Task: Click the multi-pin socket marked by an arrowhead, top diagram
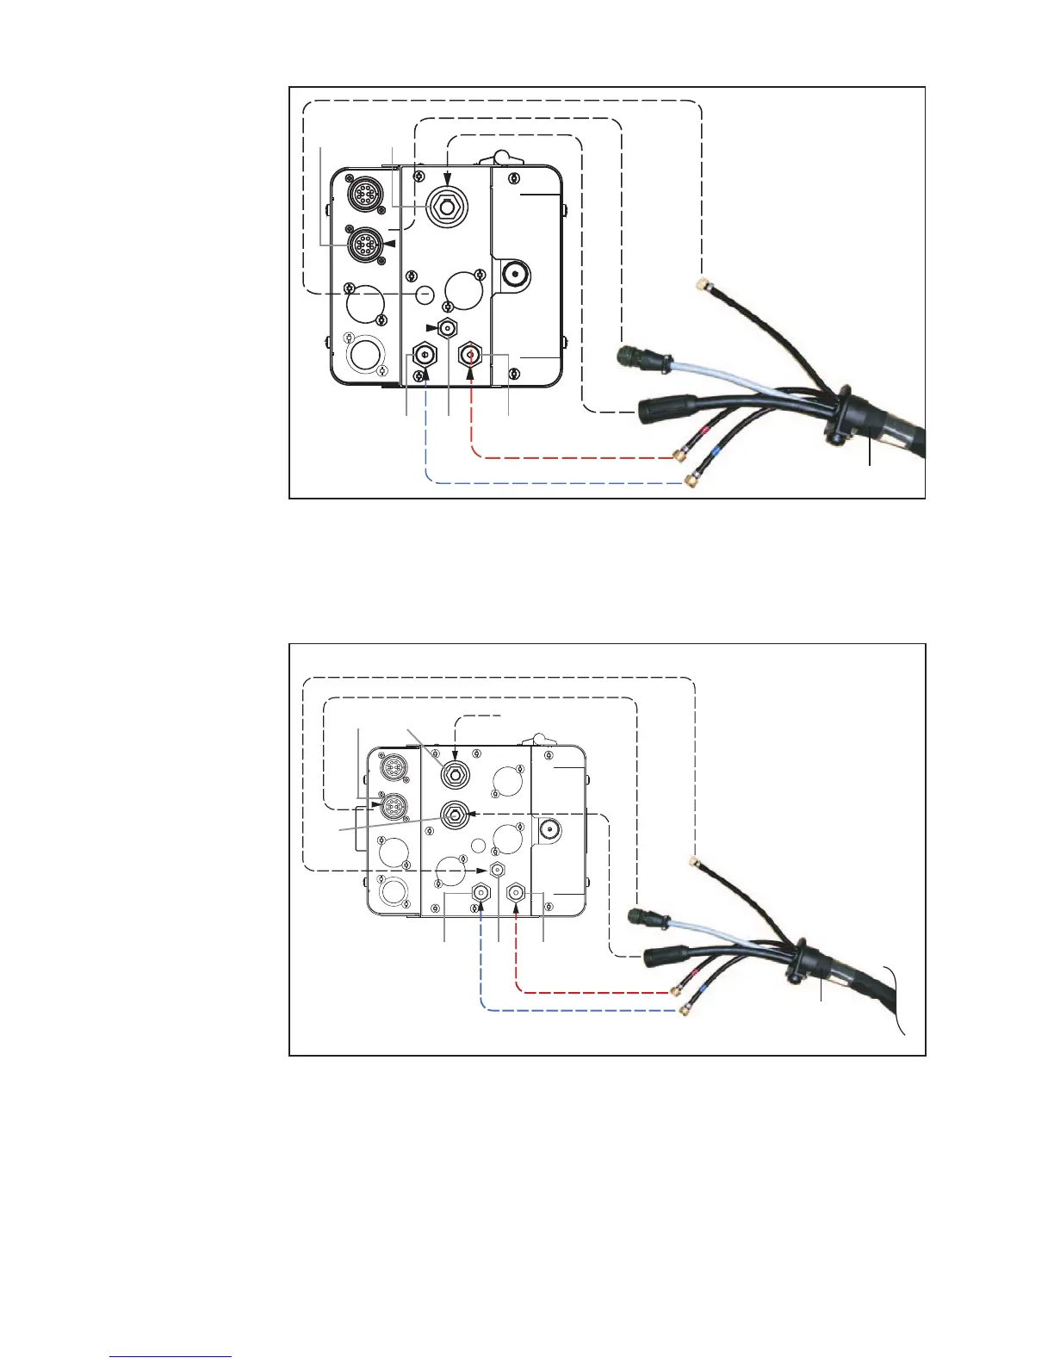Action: pyautogui.click(x=363, y=245)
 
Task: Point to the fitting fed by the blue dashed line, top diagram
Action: pyautogui.click(x=424, y=354)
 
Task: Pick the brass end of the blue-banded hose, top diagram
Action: pyautogui.click(x=690, y=480)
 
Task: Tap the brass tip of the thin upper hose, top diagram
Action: pyautogui.click(x=703, y=282)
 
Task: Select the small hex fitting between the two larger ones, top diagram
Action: pyautogui.click(x=447, y=327)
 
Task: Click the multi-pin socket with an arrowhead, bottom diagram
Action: pyautogui.click(x=393, y=806)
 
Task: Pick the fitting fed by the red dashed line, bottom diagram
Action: pyautogui.click(x=516, y=894)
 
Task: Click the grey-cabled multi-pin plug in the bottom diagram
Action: pyautogui.click(x=643, y=919)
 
